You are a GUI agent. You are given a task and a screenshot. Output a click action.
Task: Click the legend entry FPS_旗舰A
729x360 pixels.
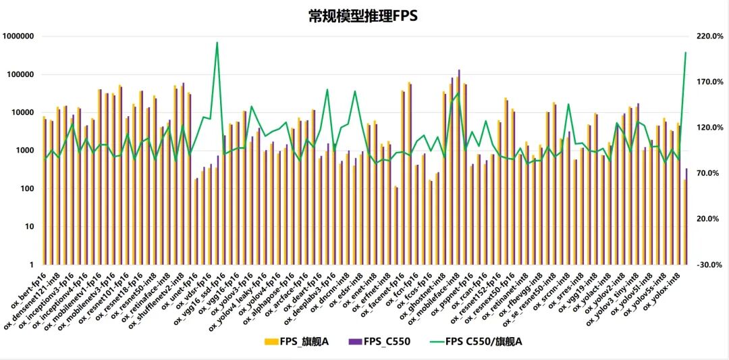tap(298, 341)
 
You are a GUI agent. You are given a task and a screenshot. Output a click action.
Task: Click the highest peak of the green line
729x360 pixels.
tap(217, 43)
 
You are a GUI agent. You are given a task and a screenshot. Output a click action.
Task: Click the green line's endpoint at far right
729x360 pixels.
tap(686, 52)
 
